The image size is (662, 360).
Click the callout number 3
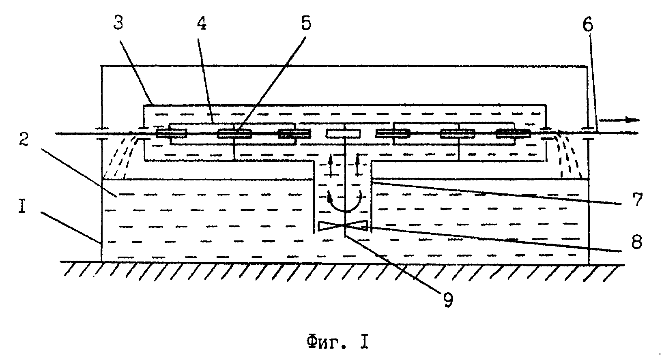[x=118, y=23]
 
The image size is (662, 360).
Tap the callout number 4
[x=202, y=23]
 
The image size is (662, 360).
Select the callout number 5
[x=306, y=23]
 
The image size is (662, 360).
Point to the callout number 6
[x=588, y=25]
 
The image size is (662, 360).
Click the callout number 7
[x=638, y=199]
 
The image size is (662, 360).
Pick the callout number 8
[x=636, y=243]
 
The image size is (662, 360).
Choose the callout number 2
[x=24, y=139]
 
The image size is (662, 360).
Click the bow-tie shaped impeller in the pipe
[x=343, y=226]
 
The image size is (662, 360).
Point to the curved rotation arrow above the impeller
[x=345, y=211]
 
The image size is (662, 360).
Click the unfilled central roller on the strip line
[x=343, y=134]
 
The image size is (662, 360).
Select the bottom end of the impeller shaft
[x=345, y=236]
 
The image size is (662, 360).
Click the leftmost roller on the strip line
[x=172, y=134]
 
